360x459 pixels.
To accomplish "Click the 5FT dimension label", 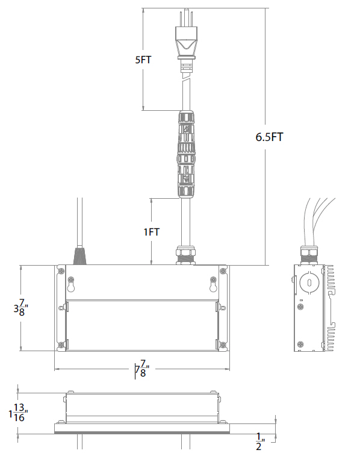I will [x=144, y=60].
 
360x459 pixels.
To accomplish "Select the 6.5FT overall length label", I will [x=269, y=137].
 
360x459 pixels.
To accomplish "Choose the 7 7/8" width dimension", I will [x=141, y=367].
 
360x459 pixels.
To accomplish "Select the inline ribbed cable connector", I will [x=186, y=154].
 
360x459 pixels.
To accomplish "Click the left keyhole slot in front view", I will [x=72, y=283].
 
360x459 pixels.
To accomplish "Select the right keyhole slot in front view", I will [x=213, y=283].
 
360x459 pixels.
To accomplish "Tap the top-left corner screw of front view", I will [x=62, y=271].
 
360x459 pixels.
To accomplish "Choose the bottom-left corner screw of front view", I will [x=62, y=345].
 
